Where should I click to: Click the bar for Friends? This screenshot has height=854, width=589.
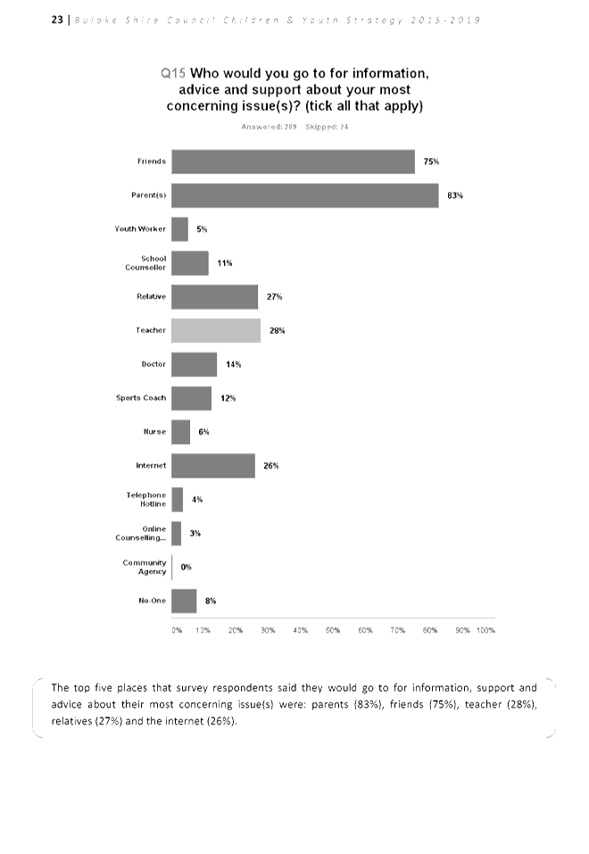point(293,162)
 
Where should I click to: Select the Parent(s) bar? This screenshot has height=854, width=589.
point(304,195)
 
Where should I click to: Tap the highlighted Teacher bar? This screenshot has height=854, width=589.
point(216,330)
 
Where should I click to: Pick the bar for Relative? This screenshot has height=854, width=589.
point(214,296)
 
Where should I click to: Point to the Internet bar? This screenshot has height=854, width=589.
point(213,466)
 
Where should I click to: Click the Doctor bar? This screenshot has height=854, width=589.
point(194,364)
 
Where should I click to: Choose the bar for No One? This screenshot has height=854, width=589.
point(184,601)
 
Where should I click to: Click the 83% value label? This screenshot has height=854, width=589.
point(455,195)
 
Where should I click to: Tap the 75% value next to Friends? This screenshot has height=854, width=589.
point(431,162)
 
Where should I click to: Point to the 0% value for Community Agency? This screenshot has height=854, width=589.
point(187,567)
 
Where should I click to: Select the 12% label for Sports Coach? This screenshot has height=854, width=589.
point(228,398)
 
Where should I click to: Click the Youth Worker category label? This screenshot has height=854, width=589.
point(140,229)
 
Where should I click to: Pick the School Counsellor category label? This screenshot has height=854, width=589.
point(148,263)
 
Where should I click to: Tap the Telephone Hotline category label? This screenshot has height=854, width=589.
point(146,500)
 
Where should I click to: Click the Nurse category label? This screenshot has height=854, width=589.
point(155,432)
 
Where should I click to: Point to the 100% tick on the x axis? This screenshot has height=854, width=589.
point(486,630)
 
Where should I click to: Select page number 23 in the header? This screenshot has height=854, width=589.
point(56,20)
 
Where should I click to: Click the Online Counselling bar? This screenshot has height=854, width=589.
point(177,533)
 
